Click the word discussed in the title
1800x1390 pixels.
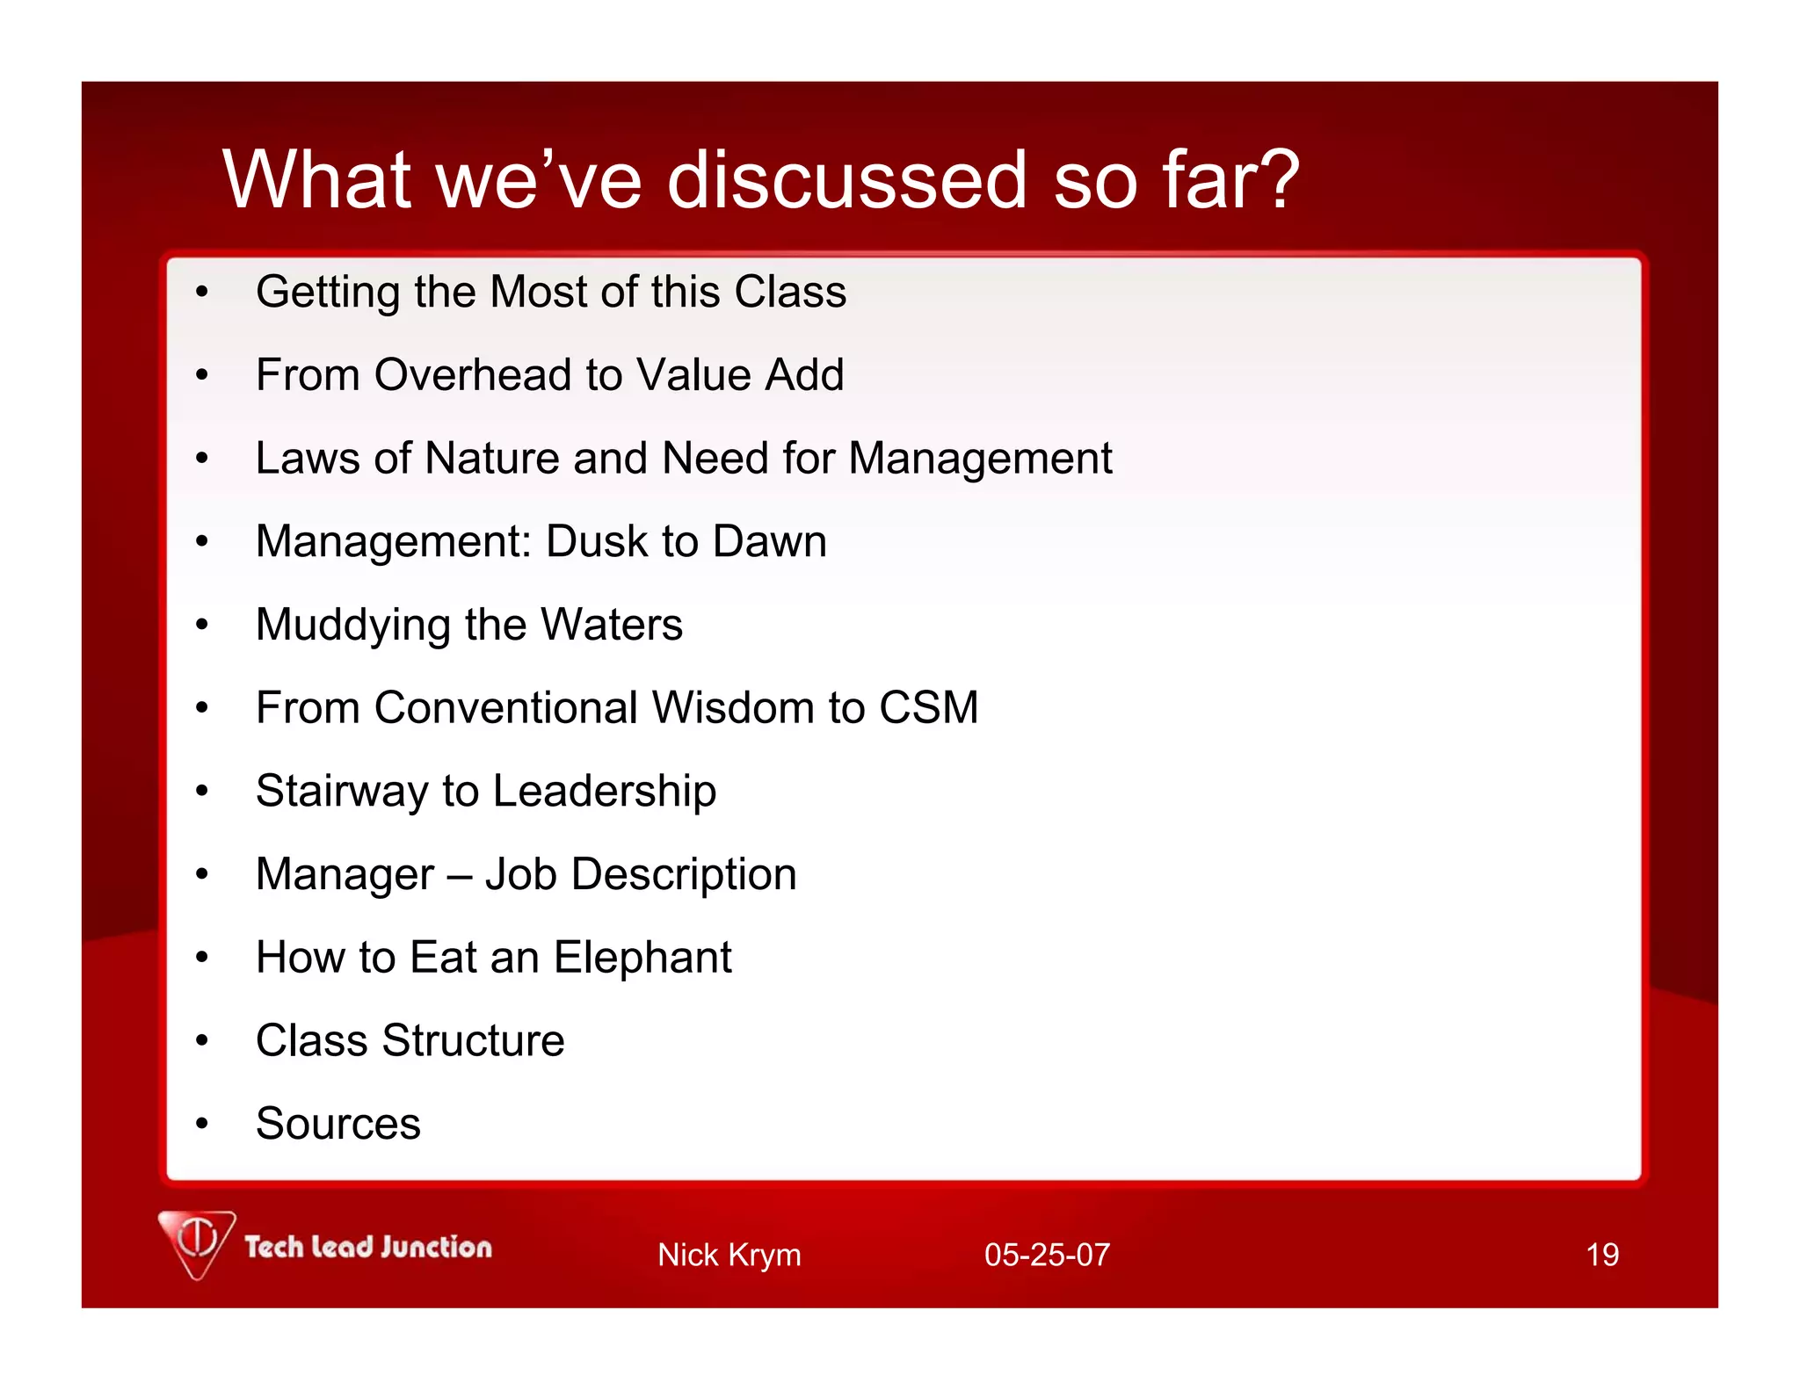pos(846,180)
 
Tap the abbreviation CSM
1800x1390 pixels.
pos(928,708)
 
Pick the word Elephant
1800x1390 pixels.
pos(642,958)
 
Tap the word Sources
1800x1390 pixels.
pos(337,1125)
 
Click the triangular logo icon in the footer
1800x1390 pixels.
pos(197,1242)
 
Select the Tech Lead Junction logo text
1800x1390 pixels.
pos(367,1248)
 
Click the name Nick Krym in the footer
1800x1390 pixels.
pos(729,1255)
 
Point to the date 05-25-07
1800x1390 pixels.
pos(1046,1255)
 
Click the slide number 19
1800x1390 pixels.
pos(1601,1255)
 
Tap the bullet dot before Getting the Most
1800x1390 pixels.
pos(202,293)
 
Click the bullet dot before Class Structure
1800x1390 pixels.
pos(202,1041)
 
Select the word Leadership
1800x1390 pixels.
pos(604,792)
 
